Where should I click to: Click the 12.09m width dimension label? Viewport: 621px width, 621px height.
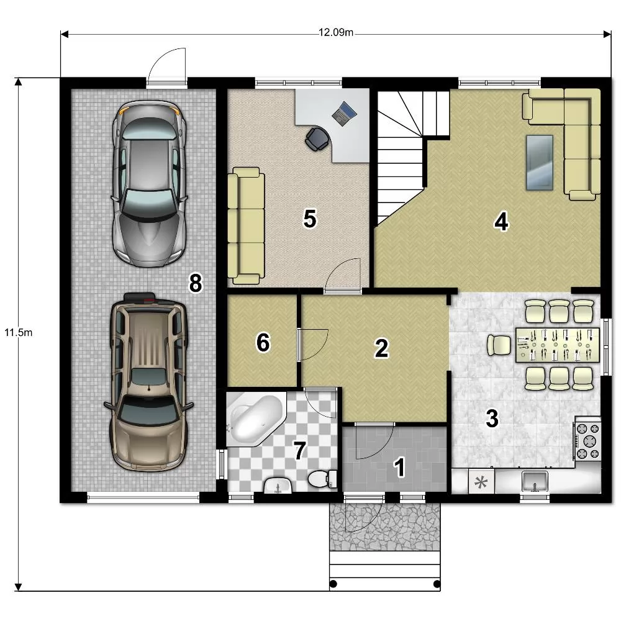click(336, 32)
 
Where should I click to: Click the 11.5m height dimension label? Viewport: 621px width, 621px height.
click(18, 332)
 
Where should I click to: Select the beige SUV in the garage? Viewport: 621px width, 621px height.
click(148, 382)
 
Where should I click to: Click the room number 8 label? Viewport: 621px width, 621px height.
click(196, 284)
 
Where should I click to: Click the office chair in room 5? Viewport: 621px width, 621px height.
click(317, 139)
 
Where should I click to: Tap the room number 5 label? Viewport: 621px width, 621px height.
click(310, 219)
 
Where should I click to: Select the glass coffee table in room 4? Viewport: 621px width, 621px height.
click(540, 163)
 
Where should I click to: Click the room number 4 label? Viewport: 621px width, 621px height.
click(501, 222)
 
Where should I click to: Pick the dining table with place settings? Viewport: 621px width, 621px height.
click(558, 345)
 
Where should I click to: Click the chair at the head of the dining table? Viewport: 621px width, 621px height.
click(499, 345)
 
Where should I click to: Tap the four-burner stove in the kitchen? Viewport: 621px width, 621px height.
click(587, 440)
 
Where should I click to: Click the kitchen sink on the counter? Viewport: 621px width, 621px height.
click(535, 481)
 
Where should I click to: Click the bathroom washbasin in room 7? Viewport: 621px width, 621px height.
click(278, 486)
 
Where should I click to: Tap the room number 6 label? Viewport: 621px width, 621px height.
click(263, 343)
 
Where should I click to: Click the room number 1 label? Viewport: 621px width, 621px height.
click(399, 467)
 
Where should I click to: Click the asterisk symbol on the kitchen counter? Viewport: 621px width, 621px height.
click(481, 483)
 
